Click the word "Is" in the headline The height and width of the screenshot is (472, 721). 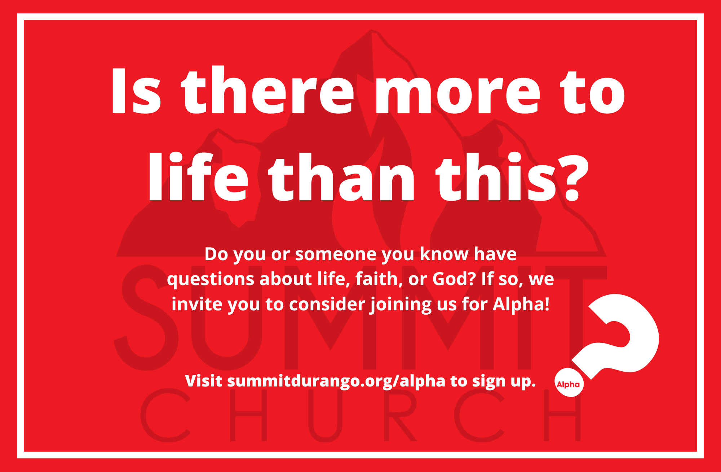click(136, 91)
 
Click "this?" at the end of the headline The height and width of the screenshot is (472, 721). click(512, 177)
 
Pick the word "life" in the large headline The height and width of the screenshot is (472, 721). click(198, 177)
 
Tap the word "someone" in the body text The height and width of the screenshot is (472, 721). click(336, 254)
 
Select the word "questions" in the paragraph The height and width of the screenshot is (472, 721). click(211, 280)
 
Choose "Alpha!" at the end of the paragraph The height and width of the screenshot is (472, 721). click(521, 304)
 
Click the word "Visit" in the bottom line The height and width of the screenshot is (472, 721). click(204, 381)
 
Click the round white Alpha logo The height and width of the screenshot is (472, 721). click(569, 383)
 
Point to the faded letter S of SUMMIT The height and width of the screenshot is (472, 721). click(146, 318)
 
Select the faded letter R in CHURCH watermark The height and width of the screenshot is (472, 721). click(400, 415)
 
